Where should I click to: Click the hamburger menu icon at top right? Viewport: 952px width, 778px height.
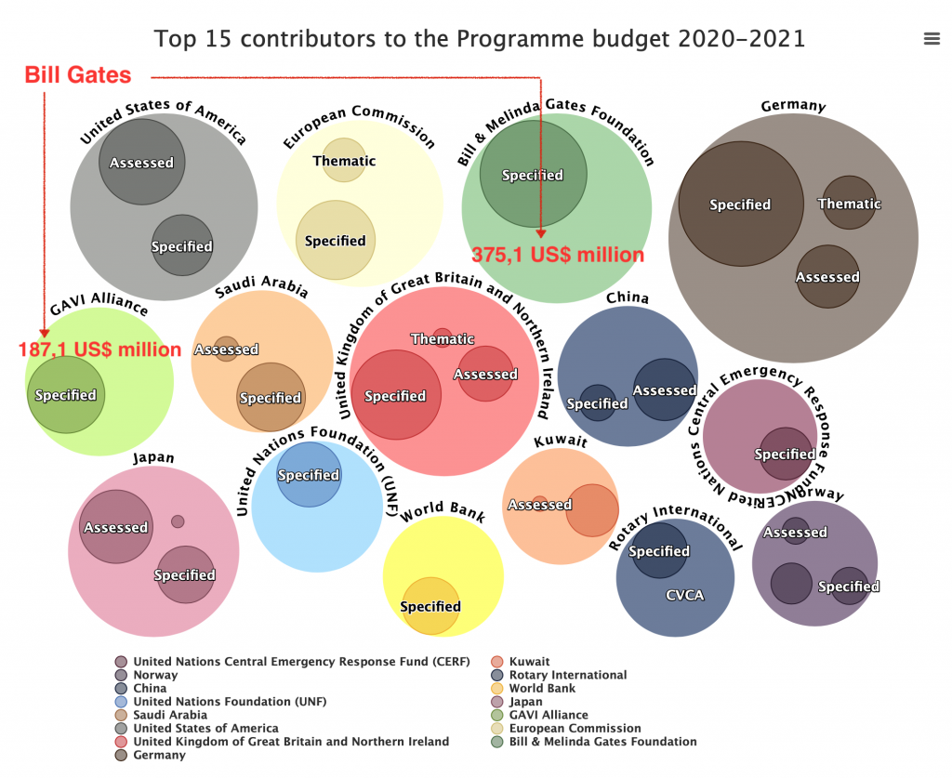932,38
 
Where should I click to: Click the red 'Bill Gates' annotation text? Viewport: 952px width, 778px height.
78,75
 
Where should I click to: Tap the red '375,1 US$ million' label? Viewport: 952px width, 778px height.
558,255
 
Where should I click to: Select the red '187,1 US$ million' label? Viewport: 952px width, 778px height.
100,350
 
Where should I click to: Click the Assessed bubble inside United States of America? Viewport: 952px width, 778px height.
142,163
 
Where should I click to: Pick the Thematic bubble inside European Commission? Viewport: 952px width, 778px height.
344,161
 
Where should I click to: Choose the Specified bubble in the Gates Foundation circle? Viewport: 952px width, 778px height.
533,175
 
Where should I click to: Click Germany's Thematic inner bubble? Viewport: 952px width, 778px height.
849,204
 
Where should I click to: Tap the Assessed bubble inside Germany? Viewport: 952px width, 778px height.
827,277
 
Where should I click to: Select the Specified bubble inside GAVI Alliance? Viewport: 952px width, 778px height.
65,395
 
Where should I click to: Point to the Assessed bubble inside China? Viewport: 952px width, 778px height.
665,390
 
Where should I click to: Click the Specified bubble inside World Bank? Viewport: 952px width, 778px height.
430,607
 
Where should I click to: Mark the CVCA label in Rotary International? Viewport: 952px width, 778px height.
684,595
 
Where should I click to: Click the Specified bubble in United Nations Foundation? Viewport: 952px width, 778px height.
309,475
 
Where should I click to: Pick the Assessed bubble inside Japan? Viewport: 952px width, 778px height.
116,527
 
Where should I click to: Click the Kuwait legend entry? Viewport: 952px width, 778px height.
529,662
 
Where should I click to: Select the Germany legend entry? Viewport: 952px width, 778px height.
159,755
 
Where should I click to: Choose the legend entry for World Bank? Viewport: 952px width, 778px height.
542,689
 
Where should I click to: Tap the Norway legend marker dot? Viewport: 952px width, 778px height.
121,676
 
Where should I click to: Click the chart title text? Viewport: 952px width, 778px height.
480,39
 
